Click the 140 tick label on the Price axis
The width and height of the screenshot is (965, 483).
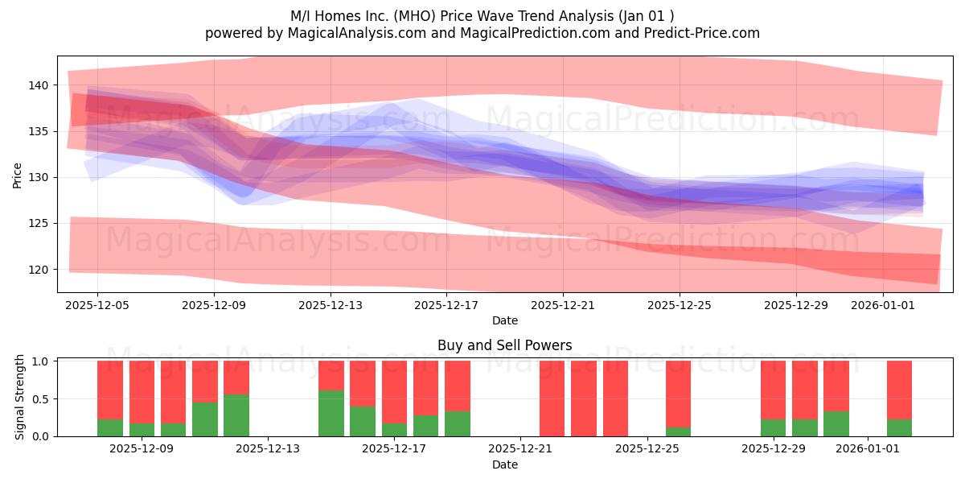point(39,85)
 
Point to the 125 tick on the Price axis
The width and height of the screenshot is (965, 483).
point(39,224)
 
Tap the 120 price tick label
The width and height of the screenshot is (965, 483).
point(39,270)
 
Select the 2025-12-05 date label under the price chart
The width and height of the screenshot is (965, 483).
point(97,305)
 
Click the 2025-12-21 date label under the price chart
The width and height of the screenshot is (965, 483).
point(563,305)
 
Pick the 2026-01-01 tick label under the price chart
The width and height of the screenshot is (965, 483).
point(883,305)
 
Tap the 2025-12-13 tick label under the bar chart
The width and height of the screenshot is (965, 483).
point(268,448)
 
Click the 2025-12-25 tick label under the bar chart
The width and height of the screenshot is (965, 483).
point(647,448)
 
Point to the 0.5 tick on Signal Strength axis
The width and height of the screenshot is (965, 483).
point(40,399)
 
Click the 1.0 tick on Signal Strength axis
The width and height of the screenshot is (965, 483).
point(40,361)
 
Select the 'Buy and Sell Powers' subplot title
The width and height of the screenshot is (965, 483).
point(504,345)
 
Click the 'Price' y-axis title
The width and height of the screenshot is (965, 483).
point(17,175)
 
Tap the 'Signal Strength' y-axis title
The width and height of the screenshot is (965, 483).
point(19,397)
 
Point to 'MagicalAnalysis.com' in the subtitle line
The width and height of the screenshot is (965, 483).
point(357,33)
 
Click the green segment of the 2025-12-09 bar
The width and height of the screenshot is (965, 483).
point(142,430)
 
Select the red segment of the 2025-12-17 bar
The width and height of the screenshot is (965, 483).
point(394,392)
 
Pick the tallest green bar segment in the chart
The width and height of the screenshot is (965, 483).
point(331,414)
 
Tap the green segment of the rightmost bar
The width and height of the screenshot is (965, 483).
point(900,427)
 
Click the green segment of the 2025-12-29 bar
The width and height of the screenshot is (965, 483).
point(774,427)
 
